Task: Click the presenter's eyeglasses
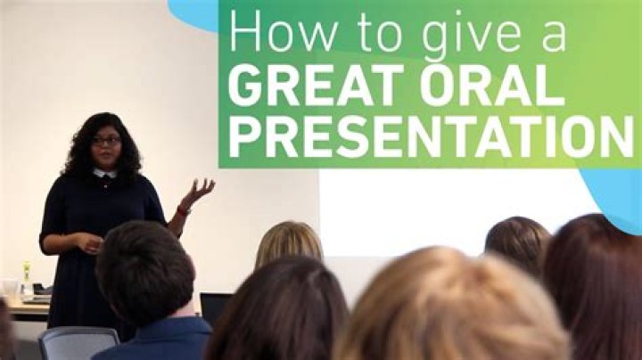(106, 141)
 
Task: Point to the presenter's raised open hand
(199, 191)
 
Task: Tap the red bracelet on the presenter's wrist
(184, 210)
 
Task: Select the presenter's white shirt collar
(104, 174)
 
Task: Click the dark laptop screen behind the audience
(215, 308)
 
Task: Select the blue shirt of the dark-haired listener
(153, 339)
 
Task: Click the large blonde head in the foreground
(450, 307)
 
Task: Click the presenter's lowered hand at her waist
(90, 242)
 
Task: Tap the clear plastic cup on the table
(10, 288)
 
